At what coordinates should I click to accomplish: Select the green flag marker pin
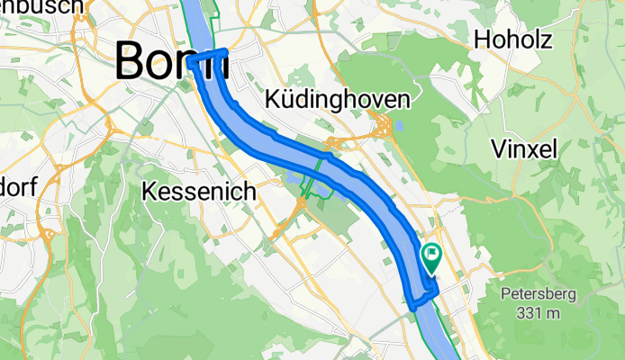[430, 258]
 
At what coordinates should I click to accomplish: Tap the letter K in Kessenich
[151, 192]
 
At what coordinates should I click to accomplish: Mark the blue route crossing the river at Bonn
[207, 58]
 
